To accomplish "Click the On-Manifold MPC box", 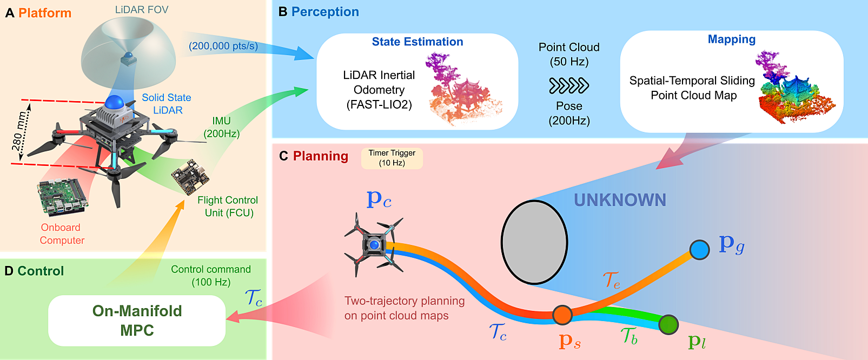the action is point(137,321).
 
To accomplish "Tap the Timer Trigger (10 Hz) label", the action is point(392,158).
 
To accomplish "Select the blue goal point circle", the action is point(699,250).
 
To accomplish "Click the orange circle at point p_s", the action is point(562,315).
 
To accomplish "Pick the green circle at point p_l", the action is point(668,324).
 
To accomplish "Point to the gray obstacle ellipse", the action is point(534,242).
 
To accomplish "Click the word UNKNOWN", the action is point(620,200).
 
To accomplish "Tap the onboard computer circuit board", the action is point(62,196).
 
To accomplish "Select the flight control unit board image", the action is point(190,177).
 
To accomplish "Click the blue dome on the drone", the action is point(115,102).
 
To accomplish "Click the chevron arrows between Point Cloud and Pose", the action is point(569,85).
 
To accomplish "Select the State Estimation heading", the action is point(418,42).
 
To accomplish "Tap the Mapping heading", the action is point(732,39).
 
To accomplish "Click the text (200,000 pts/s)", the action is point(223,46).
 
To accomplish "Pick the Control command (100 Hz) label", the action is point(211,276).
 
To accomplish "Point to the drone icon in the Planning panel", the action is point(374,244).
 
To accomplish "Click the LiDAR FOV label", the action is point(142,10).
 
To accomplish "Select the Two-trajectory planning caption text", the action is point(405,308).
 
